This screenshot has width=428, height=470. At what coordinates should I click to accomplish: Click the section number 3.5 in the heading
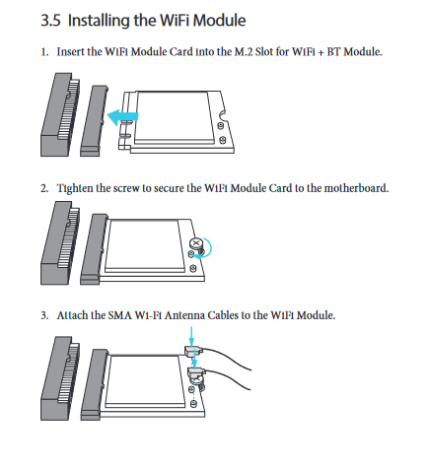pyautogui.click(x=50, y=21)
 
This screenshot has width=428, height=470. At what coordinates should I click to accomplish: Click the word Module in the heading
pyautogui.click(x=219, y=21)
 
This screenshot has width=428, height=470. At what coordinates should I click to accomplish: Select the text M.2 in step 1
pyautogui.click(x=244, y=52)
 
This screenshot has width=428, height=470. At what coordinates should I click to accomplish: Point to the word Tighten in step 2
pyautogui.click(x=75, y=188)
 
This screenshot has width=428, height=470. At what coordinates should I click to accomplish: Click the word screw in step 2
pyautogui.click(x=126, y=189)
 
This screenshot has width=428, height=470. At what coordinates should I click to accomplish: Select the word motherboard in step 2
pyautogui.click(x=356, y=188)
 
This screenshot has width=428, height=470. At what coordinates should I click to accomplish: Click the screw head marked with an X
pyautogui.click(x=196, y=243)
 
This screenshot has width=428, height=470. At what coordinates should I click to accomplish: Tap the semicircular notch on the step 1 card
pyautogui.click(x=223, y=115)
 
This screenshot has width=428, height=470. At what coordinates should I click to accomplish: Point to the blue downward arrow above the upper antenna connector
pyautogui.click(x=191, y=336)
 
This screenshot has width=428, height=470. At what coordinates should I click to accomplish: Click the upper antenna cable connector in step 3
pyautogui.click(x=193, y=351)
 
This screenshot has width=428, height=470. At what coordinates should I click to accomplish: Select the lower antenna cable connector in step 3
pyautogui.click(x=196, y=372)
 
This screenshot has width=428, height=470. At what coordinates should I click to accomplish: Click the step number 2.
pyautogui.click(x=44, y=188)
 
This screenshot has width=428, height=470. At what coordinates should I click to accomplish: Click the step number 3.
pyautogui.click(x=44, y=315)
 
